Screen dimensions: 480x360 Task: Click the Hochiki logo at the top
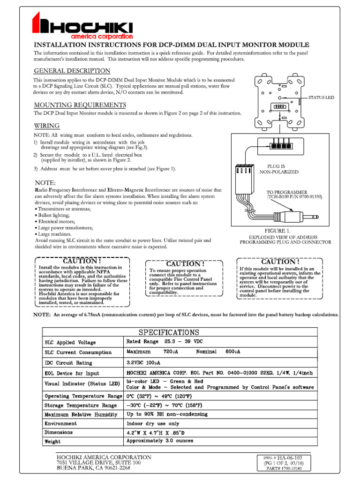click(x=82, y=26)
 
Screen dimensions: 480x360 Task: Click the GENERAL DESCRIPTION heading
click(x=72, y=71)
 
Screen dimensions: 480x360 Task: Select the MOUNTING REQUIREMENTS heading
click(x=80, y=105)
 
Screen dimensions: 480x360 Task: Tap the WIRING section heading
click(x=46, y=126)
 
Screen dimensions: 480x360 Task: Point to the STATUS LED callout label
click(x=321, y=97)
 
